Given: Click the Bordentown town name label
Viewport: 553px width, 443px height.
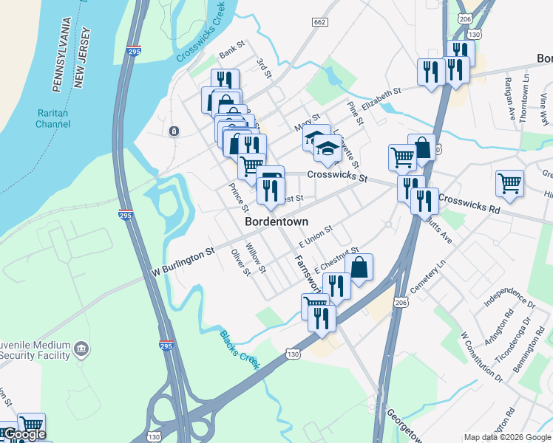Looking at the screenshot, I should (x=276, y=221).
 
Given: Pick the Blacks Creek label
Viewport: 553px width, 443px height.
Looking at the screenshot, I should (x=240, y=348).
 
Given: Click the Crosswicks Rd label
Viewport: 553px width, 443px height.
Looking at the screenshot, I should (x=469, y=203).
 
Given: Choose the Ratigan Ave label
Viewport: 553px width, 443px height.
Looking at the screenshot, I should (x=511, y=99).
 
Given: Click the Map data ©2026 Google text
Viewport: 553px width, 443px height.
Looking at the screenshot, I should (x=507, y=437).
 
